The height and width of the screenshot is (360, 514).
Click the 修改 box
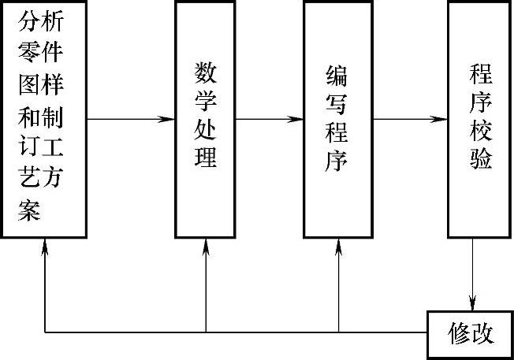[x=471, y=334]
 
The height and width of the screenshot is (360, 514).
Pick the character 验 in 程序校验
[x=480, y=158]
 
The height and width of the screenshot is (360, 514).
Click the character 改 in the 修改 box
[x=482, y=334]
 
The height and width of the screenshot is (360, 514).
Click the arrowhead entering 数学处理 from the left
[x=167, y=120]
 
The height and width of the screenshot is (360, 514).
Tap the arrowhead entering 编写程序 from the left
[x=296, y=120]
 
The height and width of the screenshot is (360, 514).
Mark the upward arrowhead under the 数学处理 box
[x=206, y=245]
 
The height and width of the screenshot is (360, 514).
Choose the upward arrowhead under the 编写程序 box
[x=338, y=245]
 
